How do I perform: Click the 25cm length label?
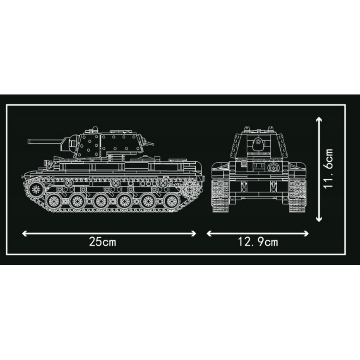[x=103, y=242]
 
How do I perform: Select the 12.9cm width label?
[x=258, y=242]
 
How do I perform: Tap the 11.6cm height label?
[x=328, y=168]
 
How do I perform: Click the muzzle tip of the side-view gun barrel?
[x=28, y=142]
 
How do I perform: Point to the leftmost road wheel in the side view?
[x=54, y=201]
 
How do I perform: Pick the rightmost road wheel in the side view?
[x=171, y=201]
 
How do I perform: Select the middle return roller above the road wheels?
[x=115, y=183]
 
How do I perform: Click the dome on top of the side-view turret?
[x=95, y=128]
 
